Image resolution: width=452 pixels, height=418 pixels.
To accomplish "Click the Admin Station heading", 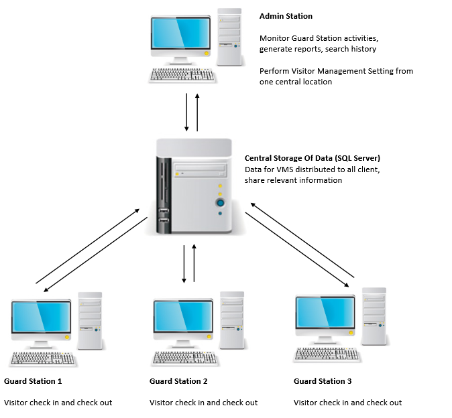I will (x=286, y=16).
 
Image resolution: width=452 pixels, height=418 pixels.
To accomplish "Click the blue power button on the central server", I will (x=219, y=202).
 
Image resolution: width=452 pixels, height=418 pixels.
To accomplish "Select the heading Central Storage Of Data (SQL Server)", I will (x=313, y=158).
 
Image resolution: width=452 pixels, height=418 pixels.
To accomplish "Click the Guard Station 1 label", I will (x=33, y=381).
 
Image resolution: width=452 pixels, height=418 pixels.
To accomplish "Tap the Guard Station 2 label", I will (x=178, y=381).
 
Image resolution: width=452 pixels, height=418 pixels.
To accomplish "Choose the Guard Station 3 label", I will (x=323, y=381).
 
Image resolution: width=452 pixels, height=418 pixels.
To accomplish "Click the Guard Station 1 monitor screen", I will (x=41, y=318).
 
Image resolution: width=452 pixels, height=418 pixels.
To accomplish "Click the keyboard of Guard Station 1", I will (x=41, y=358).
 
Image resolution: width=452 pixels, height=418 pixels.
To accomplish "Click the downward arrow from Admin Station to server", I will (x=186, y=113).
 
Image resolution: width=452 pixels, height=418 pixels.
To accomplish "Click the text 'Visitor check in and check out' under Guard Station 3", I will (x=347, y=403).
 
